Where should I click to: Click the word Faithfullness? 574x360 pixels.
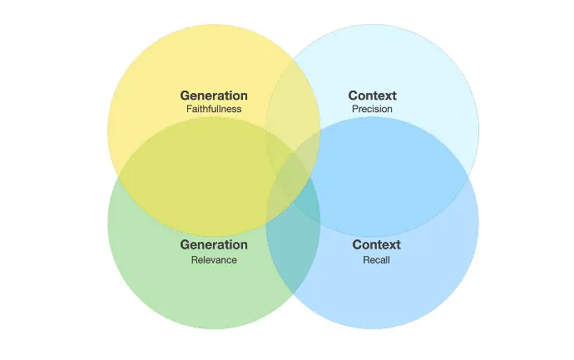214,109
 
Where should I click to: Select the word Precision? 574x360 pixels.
372,109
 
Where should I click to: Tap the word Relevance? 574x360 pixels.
214,259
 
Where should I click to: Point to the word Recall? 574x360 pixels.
376,259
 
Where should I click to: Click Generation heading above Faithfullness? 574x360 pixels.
214,96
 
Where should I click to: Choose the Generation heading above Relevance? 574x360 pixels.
214,244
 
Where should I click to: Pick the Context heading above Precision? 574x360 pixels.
373,96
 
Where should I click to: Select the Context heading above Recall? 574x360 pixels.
376,244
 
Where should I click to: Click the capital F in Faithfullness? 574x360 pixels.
189,109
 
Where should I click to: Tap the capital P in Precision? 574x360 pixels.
354,109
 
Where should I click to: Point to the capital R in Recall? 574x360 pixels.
366,259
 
